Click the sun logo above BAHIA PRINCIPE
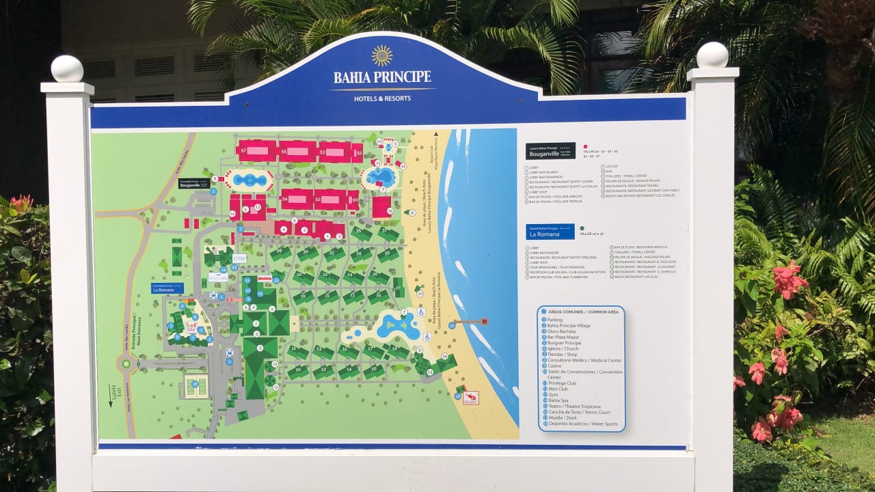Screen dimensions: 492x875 (x=382, y=55)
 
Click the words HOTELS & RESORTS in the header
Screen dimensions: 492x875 (x=382, y=98)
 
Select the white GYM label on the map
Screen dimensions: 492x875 (x=239, y=259)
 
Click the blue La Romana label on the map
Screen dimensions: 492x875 (x=167, y=288)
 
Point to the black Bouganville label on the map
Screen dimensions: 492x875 (x=194, y=183)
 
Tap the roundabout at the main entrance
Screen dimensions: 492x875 (x=126, y=364)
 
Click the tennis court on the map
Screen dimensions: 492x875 (x=196, y=386)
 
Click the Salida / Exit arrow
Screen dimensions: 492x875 (x=111, y=396)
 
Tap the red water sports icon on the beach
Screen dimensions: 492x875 (x=470, y=398)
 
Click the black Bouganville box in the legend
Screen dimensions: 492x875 (x=550, y=150)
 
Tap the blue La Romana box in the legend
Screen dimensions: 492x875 (x=550, y=232)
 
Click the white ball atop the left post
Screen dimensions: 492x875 (x=67, y=69)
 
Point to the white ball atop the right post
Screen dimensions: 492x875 (x=712, y=55)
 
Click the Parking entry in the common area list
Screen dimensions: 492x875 (x=554, y=320)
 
